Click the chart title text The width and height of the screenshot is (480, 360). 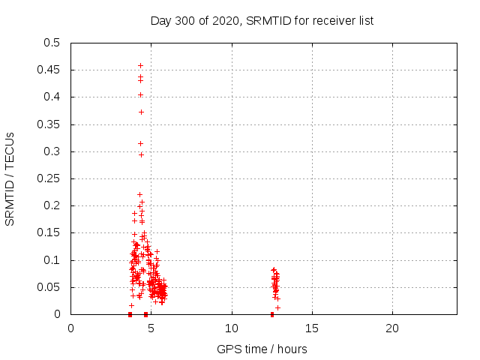[262, 20]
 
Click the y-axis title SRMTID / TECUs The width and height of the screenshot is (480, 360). [10, 178]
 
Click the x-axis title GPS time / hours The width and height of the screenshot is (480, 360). [262, 349]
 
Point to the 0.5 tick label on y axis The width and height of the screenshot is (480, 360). [52, 43]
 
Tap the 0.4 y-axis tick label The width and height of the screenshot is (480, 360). [52, 97]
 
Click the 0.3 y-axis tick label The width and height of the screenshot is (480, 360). [52, 151]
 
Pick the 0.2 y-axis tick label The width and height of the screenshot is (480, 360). [52, 205]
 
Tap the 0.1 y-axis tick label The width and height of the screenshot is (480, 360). [52, 260]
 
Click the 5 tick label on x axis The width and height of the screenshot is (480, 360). [151, 328]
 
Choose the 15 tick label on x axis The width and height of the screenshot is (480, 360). [312, 328]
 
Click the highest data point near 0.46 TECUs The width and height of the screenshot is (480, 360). [140, 65]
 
